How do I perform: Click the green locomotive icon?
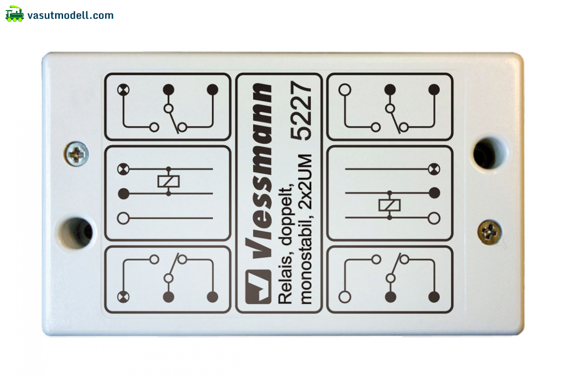pyautogui.click(x=15, y=14)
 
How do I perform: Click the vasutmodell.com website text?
pyautogui.click(x=70, y=16)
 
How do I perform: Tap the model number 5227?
pyautogui.click(x=301, y=110)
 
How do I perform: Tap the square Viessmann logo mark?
pyautogui.click(x=258, y=287)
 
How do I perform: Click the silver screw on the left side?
pyautogui.click(x=76, y=154)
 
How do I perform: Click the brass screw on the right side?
pyautogui.click(x=490, y=232)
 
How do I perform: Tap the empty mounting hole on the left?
pyautogui.click(x=76, y=233)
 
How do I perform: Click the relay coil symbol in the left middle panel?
pyautogui.click(x=169, y=181)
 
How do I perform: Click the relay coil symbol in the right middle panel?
pyautogui.click(x=389, y=205)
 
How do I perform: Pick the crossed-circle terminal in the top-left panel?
pyautogui.click(x=123, y=90)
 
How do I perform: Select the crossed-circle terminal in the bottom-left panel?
pyautogui.click(x=123, y=297)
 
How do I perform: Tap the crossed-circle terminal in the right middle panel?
pyautogui.click(x=434, y=169)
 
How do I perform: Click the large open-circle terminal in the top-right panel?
pyautogui.click(x=345, y=90)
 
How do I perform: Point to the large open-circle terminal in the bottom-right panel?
pyautogui.click(x=345, y=297)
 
